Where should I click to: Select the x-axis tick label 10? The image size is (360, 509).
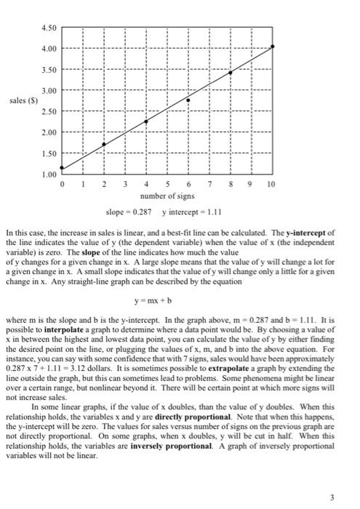coord(271,185)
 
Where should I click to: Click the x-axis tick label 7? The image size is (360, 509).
coord(209,185)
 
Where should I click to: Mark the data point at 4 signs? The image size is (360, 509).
coord(146,121)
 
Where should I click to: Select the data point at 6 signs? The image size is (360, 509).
coord(188,100)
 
